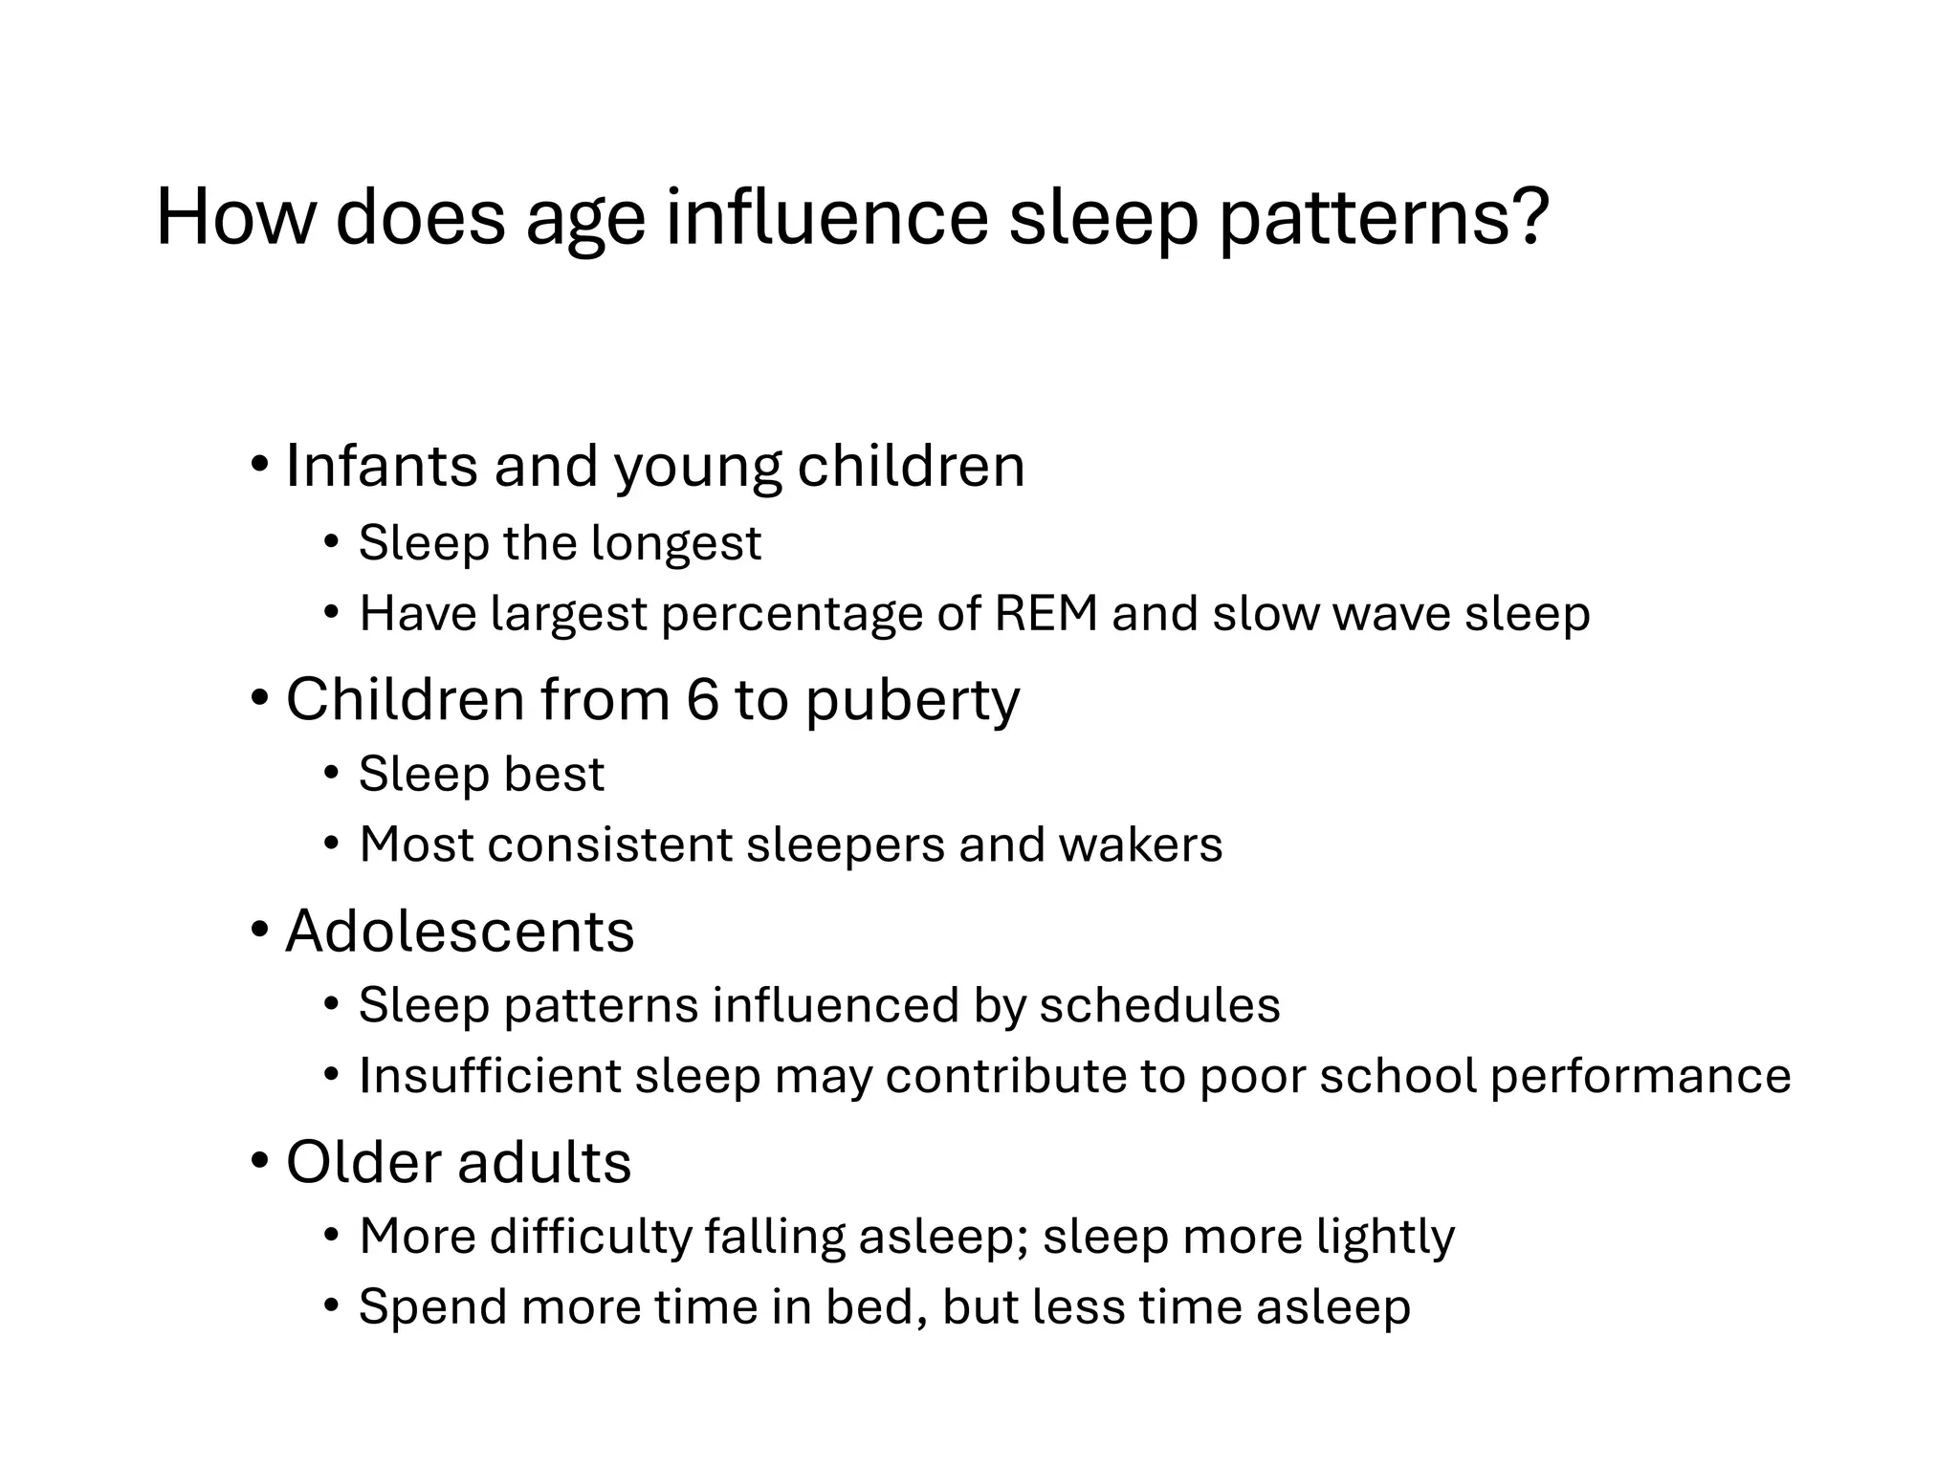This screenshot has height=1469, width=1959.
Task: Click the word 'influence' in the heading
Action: tap(826, 218)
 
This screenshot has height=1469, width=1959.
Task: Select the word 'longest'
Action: tap(676, 545)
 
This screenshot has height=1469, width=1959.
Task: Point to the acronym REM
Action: tap(1046, 614)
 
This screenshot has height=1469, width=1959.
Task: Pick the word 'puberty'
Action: tap(913, 703)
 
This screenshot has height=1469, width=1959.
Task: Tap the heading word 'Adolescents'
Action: tap(460, 932)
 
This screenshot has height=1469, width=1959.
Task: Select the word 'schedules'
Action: tap(1159, 1006)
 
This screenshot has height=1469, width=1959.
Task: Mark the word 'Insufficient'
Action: tap(490, 1076)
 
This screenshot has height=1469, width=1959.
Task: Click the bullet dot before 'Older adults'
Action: tap(260, 1162)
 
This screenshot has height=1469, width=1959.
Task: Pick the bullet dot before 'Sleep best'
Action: tap(332, 774)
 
